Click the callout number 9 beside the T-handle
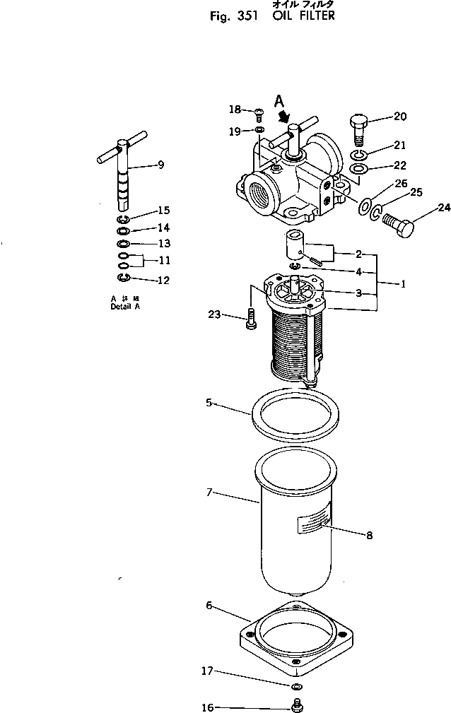point(161,165)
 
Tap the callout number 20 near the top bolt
point(400,117)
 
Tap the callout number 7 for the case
point(209,491)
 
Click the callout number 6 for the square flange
point(209,606)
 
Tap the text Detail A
point(125,307)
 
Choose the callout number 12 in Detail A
point(163,281)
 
